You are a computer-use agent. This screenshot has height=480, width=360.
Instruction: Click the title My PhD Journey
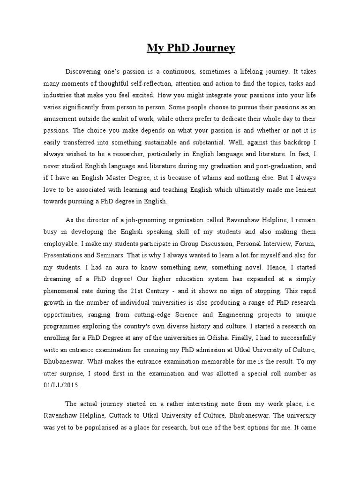coord(191,48)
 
